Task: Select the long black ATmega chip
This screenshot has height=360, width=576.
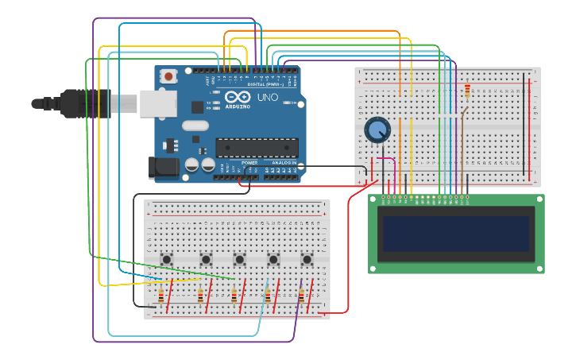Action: point(257,147)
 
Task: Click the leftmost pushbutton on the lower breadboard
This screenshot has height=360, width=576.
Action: point(167,259)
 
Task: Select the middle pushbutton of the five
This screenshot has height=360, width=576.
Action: point(239,259)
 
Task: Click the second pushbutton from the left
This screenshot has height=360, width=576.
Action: point(206,259)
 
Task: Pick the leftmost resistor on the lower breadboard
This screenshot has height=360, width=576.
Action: point(161,296)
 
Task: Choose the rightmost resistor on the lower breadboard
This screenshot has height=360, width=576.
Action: point(300,296)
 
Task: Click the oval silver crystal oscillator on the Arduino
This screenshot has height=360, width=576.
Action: point(195,126)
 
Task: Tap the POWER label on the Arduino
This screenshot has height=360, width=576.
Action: point(249,163)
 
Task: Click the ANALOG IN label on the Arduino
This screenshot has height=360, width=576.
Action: point(284,163)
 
